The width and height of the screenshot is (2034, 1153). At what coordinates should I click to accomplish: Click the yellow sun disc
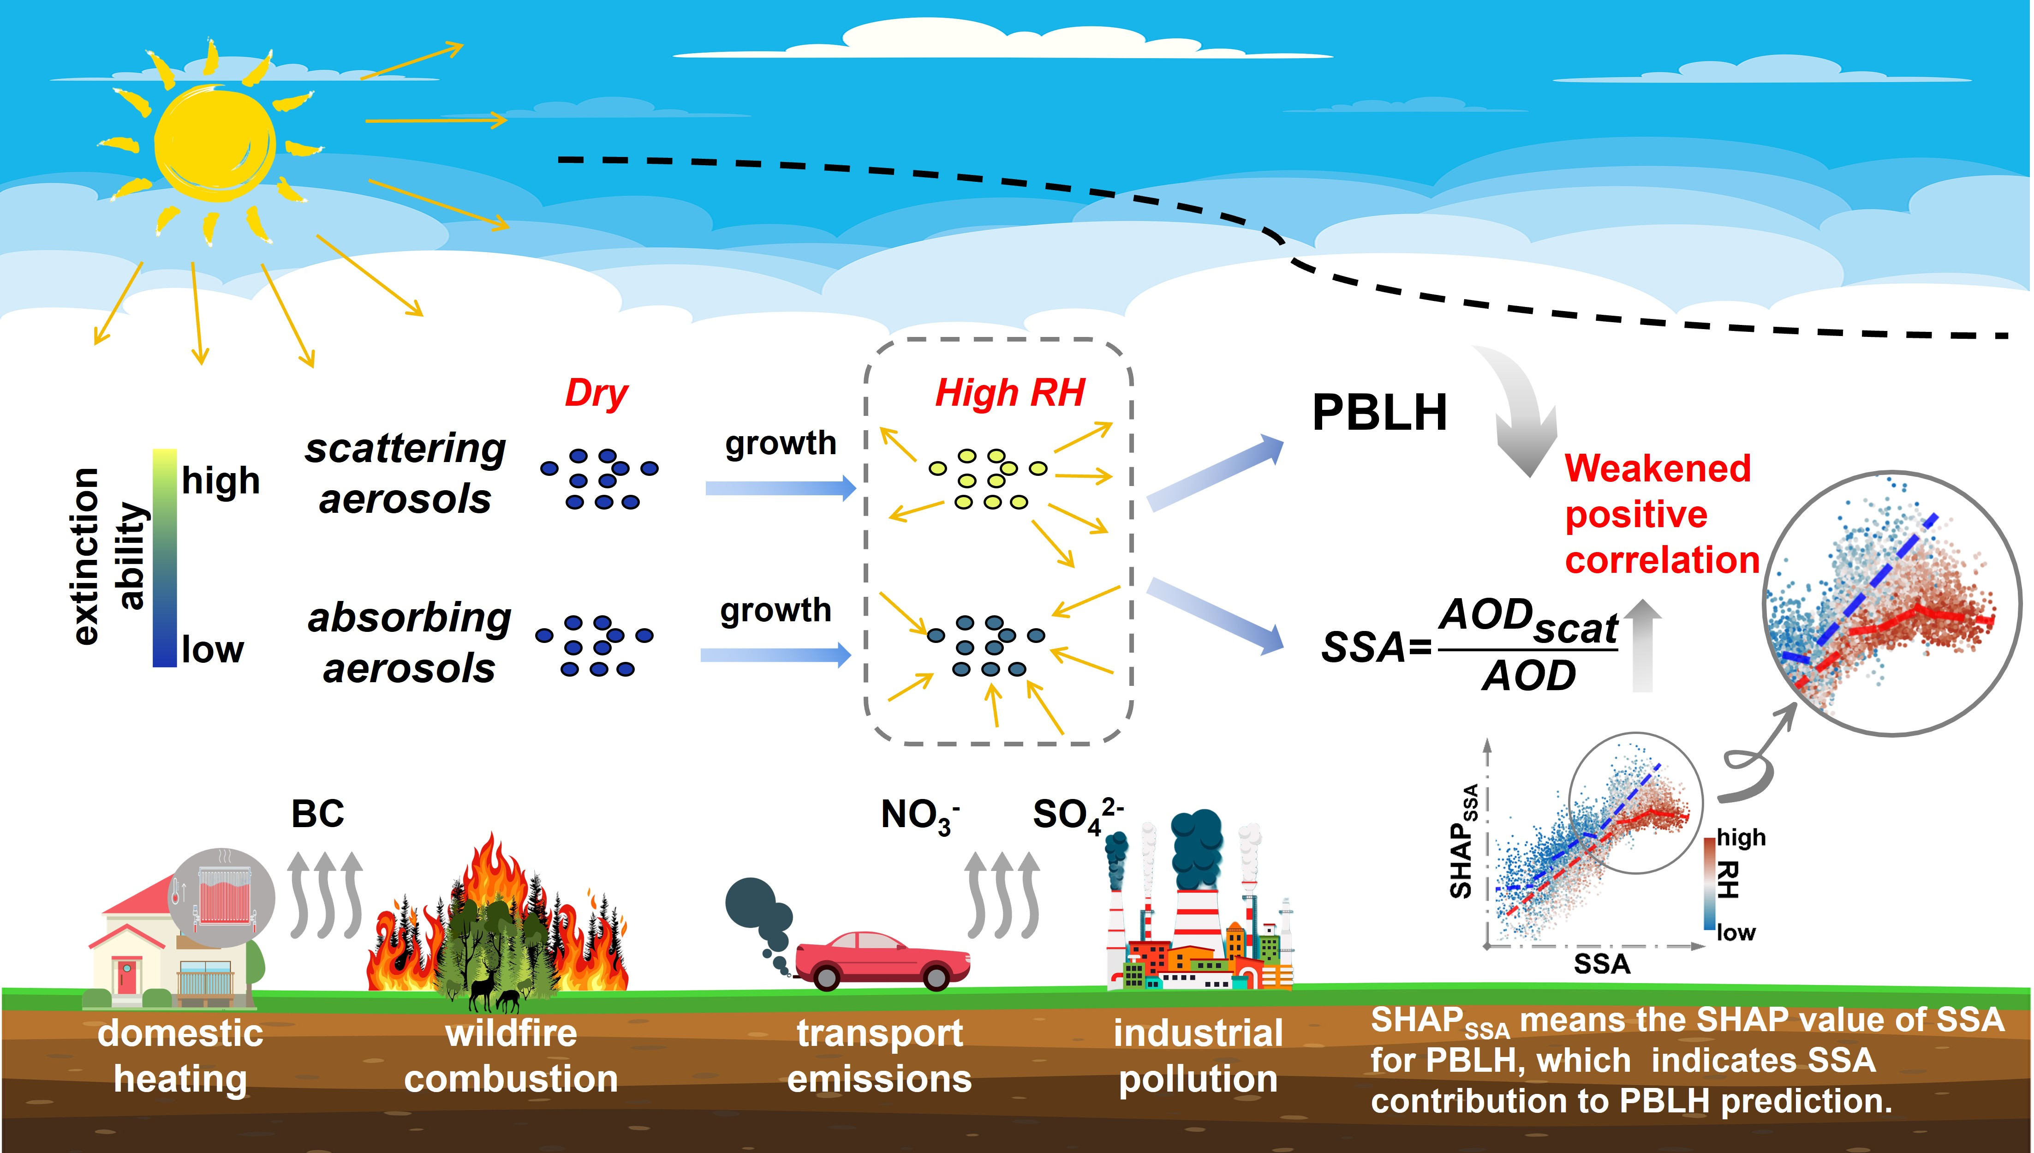[214, 143]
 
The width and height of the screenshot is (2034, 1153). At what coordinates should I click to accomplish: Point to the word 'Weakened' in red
[1657, 468]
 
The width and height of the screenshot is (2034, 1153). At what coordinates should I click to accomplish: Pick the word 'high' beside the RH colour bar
[1741, 837]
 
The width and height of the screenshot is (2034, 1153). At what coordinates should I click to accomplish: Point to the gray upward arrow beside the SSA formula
[1643, 645]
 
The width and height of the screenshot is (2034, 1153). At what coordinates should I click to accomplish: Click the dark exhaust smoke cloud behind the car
[758, 911]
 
